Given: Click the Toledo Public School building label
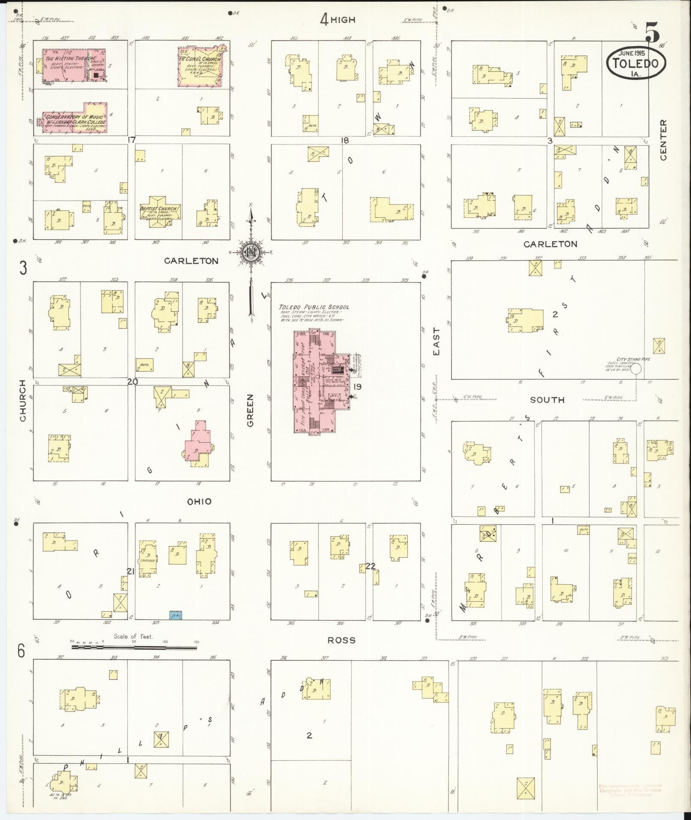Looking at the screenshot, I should [x=314, y=307].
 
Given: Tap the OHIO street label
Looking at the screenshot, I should [x=200, y=501].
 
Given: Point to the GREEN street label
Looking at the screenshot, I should [x=250, y=410].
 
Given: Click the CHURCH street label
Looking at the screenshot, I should [x=23, y=400].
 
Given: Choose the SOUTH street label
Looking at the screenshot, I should [x=547, y=399].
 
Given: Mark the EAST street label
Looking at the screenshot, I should [x=436, y=341].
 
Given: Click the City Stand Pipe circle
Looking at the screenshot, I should [x=636, y=368].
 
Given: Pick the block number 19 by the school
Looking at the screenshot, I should [x=357, y=387].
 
